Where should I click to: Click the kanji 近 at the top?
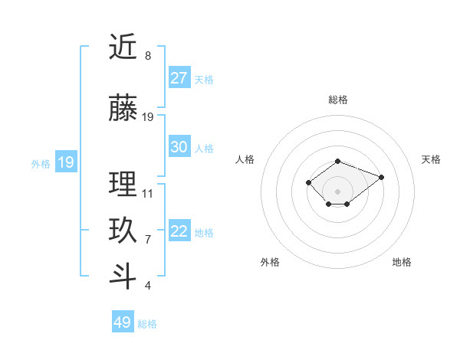click(x=123, y=47)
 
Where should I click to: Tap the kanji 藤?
click(x=123, y=110)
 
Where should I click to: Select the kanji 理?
click(x=123, y=184)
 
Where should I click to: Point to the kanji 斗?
click(x=123, y=277)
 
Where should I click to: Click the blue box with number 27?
click(x=179, y=77)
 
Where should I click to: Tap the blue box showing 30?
click(x=179, y=147)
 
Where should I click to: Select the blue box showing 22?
click(x=179, y=231)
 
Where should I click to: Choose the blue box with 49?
click(x=123, y=322)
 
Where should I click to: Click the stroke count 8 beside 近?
click(x=147, y=56)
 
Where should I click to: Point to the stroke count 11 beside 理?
click(x=148, y=193)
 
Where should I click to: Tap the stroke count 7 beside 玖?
click(x=147, y=239)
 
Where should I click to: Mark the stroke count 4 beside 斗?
click(x=147, y=286)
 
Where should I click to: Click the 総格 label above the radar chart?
click(x=338, y=100)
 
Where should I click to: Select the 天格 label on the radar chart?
click(x=431, y=159)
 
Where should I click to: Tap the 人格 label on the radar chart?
click(x=245, y=159)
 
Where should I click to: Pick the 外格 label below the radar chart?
click(x=270, y=262)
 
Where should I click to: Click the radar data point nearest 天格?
click(x=381, y=177)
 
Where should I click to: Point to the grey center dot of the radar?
click(x=337, y=191)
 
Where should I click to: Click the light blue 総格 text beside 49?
click(x=147, y=324)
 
